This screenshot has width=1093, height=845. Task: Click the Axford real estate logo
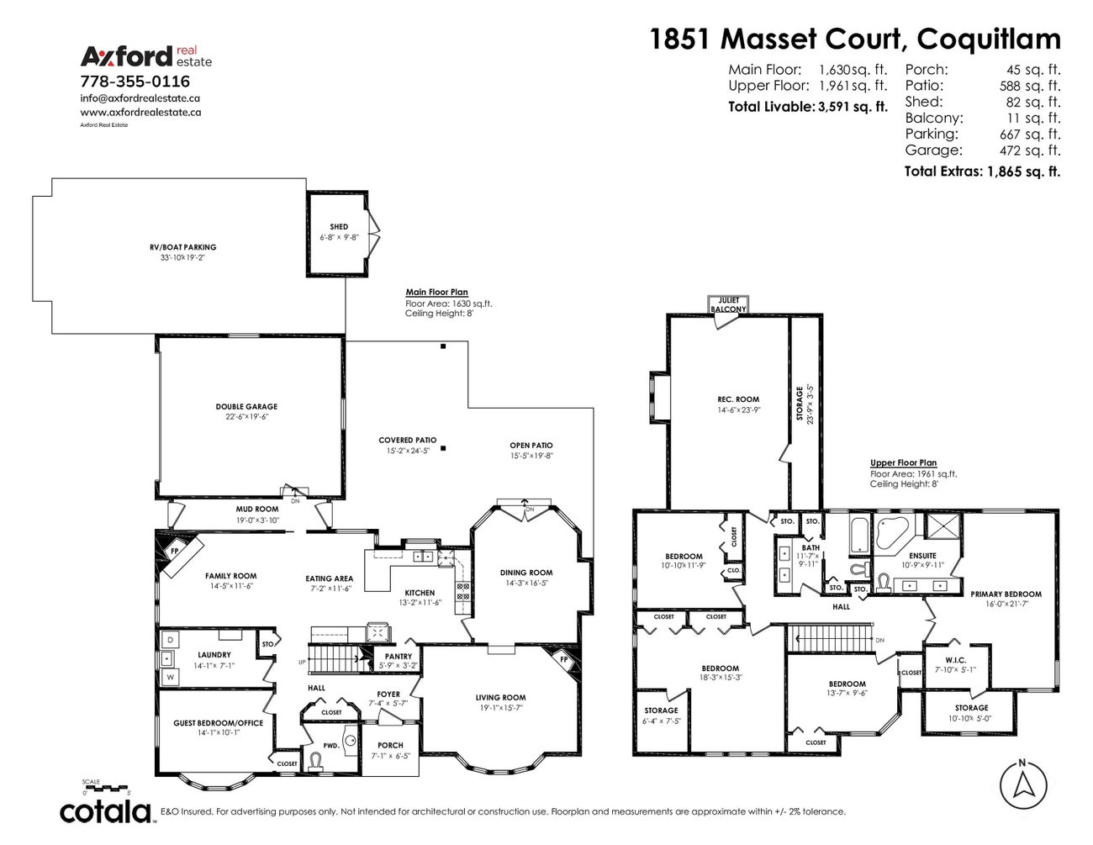tap(145, 55)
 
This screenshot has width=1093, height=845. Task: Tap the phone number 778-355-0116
tap(135, 82)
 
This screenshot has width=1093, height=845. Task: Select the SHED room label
tap(339, 227)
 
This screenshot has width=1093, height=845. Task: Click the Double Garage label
tap(246, 407)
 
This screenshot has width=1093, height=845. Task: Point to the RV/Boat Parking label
tap(177, 247)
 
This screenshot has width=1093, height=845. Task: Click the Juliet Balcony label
tap(728, 304)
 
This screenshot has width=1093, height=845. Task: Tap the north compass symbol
tap(1022, 785)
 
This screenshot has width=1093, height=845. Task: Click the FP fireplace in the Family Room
tap(175, 552)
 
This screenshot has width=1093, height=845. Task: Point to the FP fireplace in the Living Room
tap(563, 660)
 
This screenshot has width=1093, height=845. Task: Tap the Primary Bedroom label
tap(1006, 594)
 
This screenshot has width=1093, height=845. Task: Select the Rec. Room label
tap(737, 399)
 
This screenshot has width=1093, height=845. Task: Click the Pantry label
tap(399, 657)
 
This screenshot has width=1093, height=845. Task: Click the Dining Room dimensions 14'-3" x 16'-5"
tap(527, 583)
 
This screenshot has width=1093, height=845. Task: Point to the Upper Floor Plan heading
tap(903, 463)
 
